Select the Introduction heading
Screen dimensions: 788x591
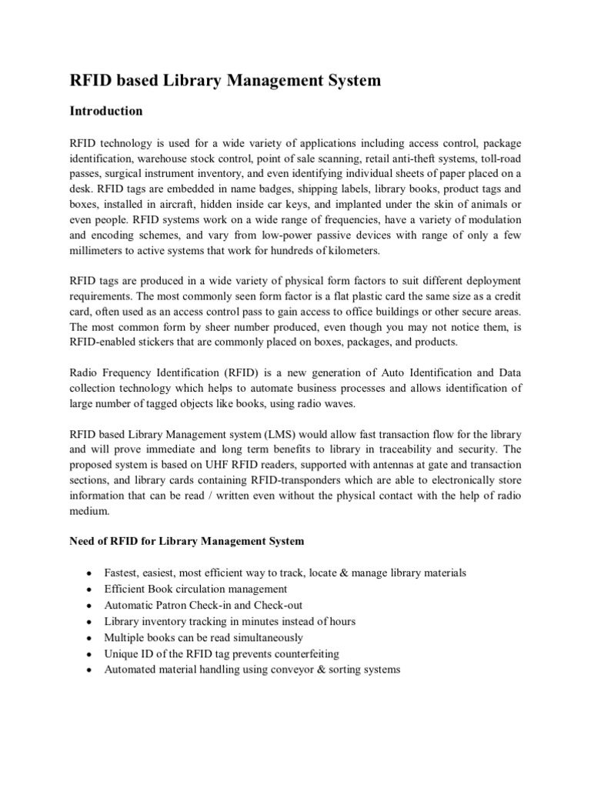pyautogui.click(x=106, y=111)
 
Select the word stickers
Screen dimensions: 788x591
pyautogui.click(x=171, y=342)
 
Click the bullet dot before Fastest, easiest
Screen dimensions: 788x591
pyautogui.click(x=91, y=574)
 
